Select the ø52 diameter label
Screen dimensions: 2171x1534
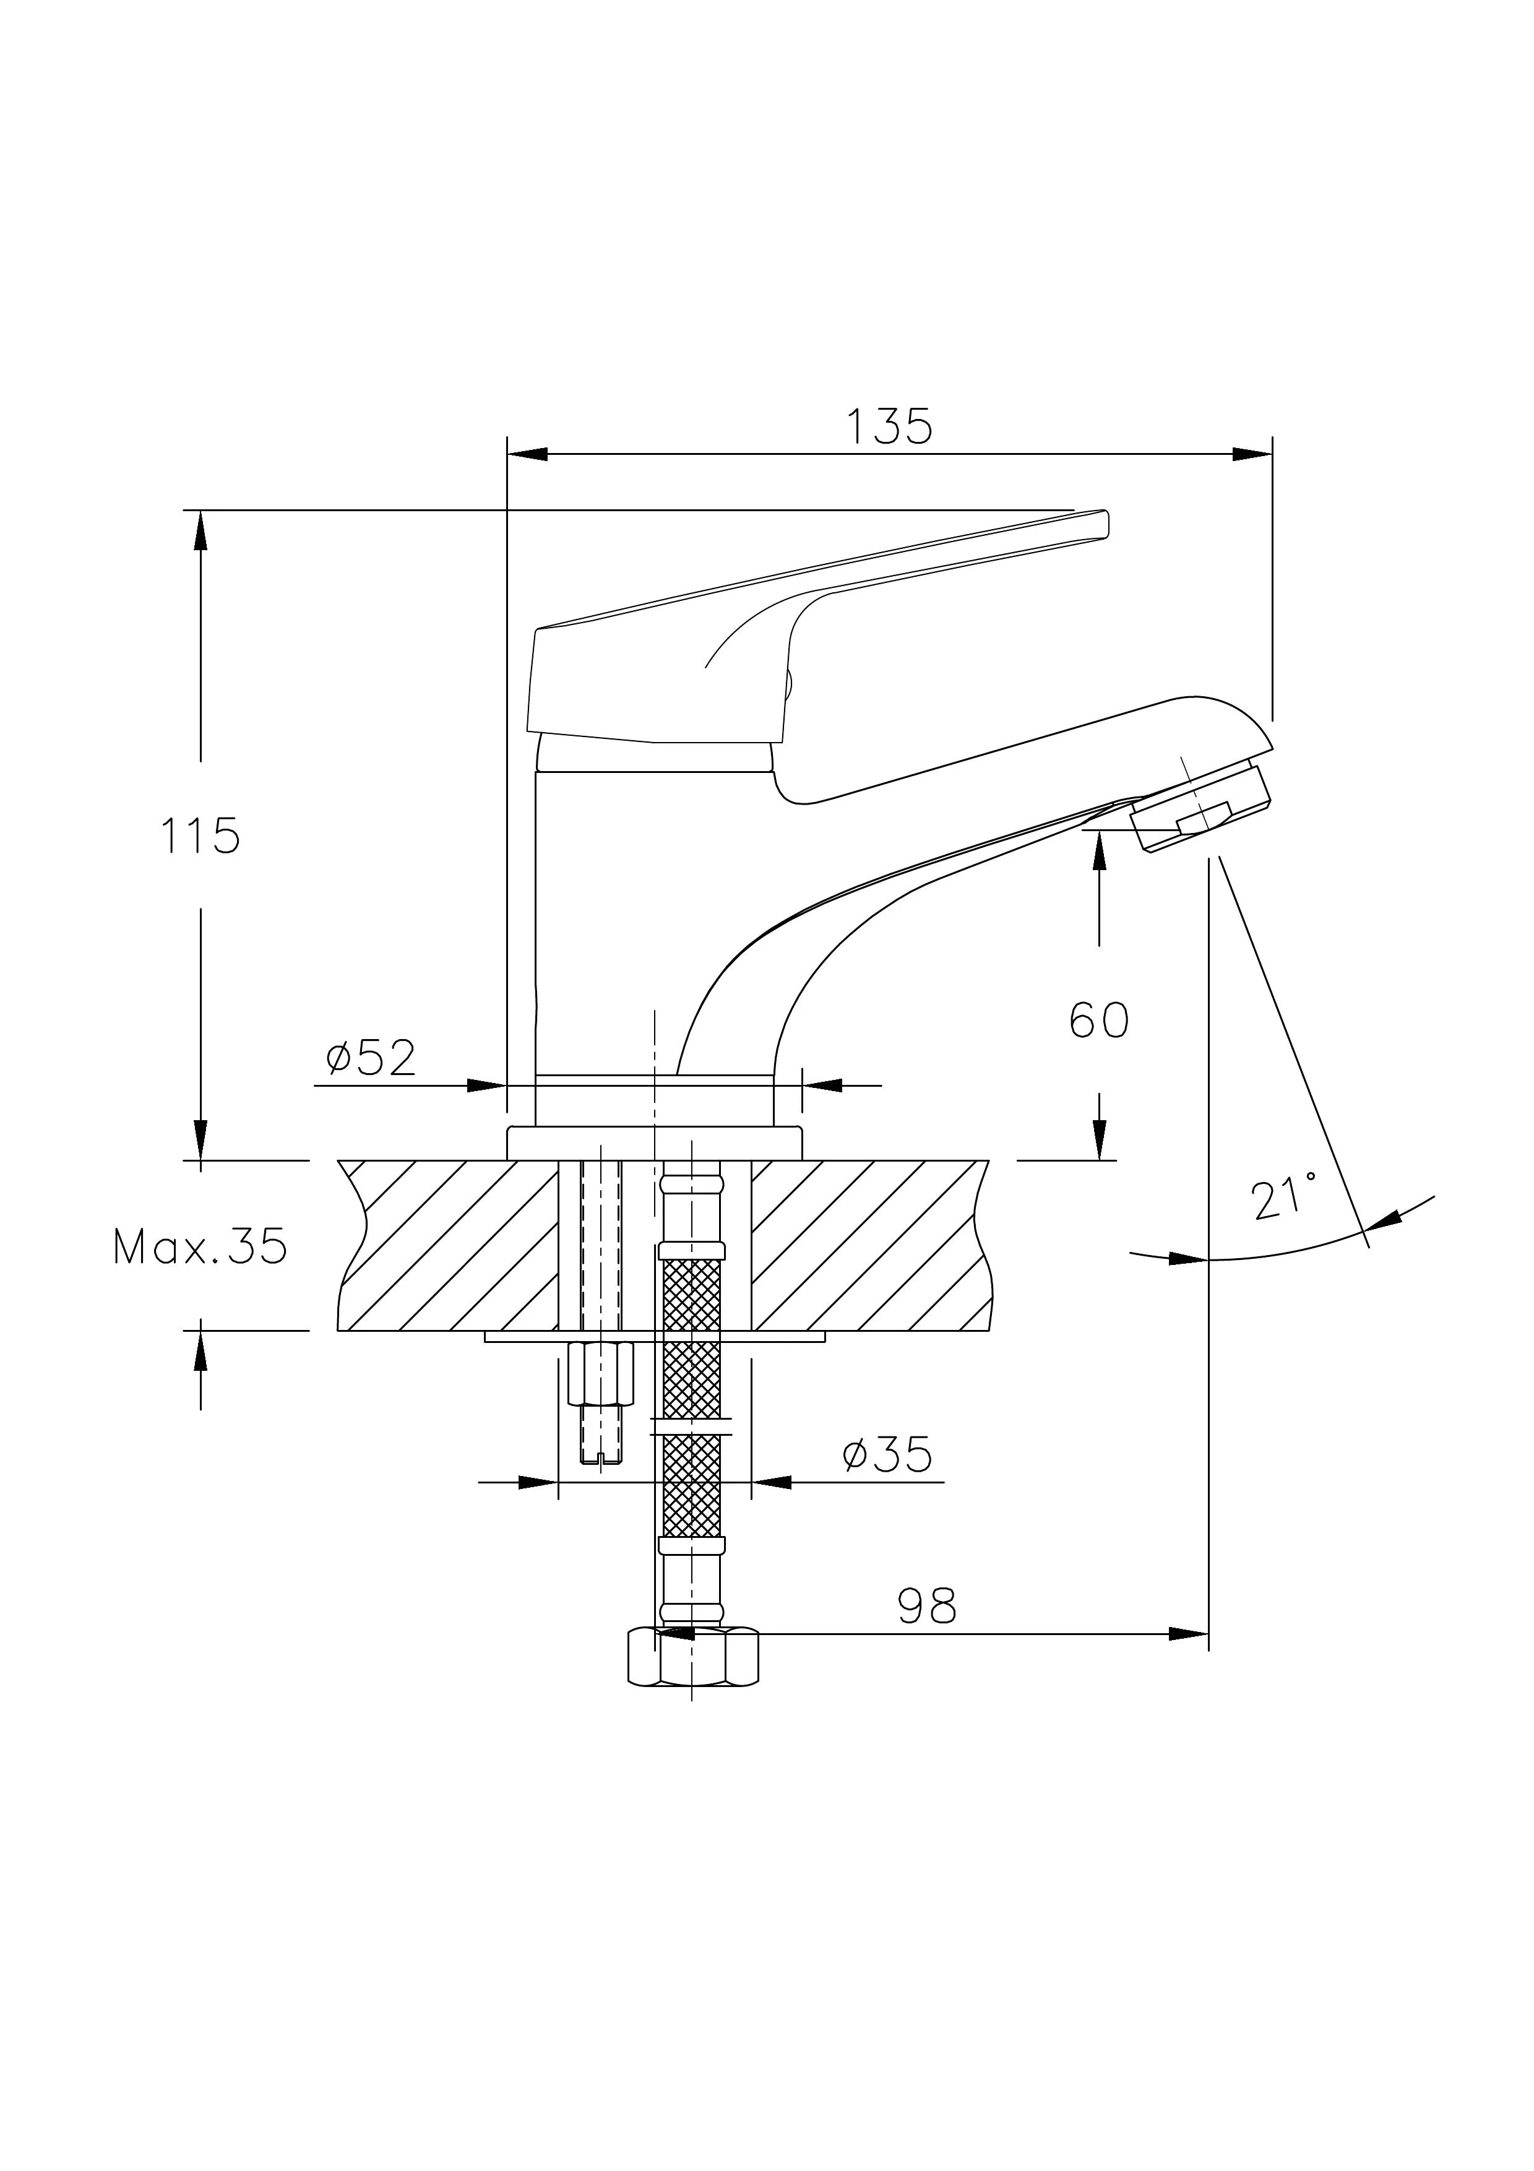(371, 1058)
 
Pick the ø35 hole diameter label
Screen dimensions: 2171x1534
(887, 1454)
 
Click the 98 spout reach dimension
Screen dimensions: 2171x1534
(926, 1605)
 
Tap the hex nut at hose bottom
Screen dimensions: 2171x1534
(693, 1655)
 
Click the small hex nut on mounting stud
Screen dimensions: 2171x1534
(600, 1372)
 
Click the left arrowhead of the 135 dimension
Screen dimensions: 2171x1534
(527, 454)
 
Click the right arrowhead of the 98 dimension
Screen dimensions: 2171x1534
(1189, 1633)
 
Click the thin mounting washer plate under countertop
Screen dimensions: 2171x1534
(654, 1336)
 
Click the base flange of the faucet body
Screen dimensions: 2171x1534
(654, 1143)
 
